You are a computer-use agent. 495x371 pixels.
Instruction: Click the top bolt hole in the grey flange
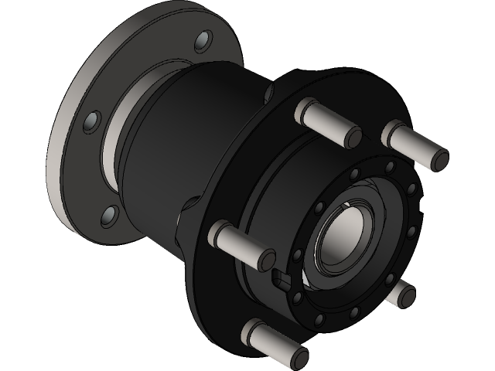click(203, 39)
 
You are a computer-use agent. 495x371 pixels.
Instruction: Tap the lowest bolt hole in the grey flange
click(111, 214)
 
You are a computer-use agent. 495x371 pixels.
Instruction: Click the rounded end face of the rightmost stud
click(439, 158)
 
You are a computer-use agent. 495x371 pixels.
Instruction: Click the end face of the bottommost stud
click(299, 357)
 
